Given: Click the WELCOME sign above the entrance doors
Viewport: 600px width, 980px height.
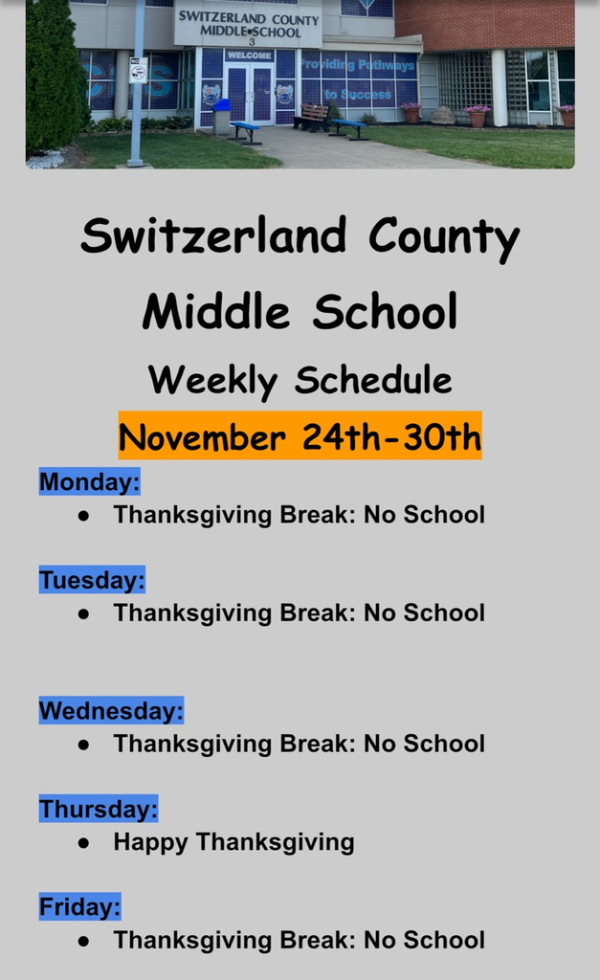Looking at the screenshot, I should pos(249,56).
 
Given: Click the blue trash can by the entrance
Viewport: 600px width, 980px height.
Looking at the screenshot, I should pos(222,116).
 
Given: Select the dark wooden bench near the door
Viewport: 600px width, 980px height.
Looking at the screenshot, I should pos(311,117).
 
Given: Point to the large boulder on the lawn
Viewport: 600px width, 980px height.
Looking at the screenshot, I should pos(441,116).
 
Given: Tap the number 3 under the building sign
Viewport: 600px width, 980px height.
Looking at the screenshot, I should pos(251,42).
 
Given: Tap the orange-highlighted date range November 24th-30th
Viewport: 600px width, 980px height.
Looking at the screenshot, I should pos(300,437).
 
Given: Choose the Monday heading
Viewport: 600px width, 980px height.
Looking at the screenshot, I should pos(89,481).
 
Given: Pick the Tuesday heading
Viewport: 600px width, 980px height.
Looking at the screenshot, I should pos(92,580).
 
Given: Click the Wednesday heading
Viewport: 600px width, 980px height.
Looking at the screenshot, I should pos(111,711).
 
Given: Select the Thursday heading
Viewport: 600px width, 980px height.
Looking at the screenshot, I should pos(99,810).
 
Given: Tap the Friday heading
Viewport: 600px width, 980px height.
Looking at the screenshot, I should pos(80,906).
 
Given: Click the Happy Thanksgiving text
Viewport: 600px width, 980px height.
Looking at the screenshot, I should pos(233,842).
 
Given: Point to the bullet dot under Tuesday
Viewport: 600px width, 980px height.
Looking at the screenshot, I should pos(84,613).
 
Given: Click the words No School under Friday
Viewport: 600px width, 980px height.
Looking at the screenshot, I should pos(424,941).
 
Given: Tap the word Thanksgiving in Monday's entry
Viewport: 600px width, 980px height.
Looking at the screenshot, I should pos(192,515).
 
